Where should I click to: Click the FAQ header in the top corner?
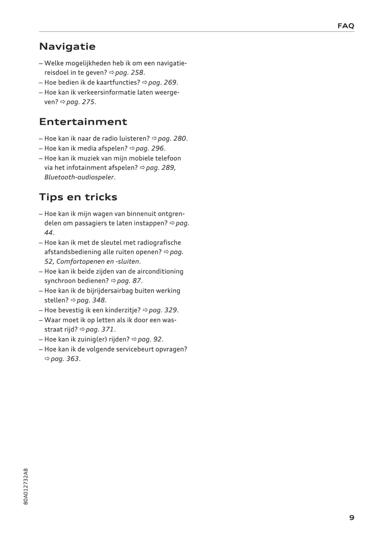click(346, 26)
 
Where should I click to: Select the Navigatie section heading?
click(67, 47)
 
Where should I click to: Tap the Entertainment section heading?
click(83, 122)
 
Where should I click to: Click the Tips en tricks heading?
click(78, 197)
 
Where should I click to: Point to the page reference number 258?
click(137, 73)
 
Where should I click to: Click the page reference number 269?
click(170, 83)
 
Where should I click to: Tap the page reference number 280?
click(179, 139)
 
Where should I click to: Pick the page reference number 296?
click(157, 148)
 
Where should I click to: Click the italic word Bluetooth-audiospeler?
click(79, 177)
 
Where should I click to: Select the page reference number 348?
click(99, 300)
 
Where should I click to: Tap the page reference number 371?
click(107, 330)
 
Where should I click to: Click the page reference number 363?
click(72, 359)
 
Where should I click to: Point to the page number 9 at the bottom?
click(351, 518)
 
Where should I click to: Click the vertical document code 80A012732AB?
click(26, 486)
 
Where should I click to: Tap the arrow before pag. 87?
click(113, 281)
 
